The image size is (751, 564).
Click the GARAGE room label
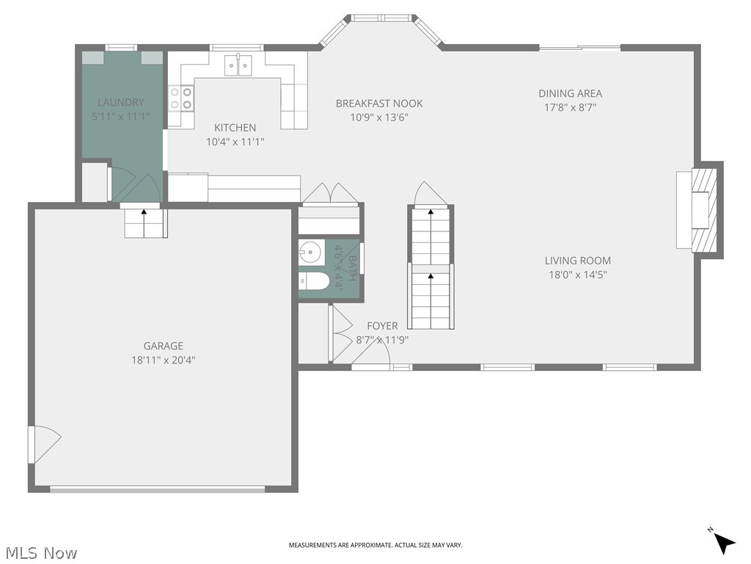[163, 346]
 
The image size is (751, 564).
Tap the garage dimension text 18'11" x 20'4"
[163, 360]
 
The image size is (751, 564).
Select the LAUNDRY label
[121, 102]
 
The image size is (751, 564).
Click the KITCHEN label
[235, 128]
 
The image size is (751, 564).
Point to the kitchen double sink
[239, 66]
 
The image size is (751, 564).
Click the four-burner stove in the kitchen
[181, 98]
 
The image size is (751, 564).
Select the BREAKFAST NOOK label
[379, 104]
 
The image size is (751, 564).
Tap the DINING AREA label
[570, 93]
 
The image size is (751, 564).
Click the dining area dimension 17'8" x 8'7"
[570, 107]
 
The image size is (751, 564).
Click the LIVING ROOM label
[577, 261]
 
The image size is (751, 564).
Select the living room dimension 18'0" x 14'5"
[577, 275]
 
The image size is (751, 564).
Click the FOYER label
[382, 326]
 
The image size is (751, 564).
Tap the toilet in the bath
[314, 281]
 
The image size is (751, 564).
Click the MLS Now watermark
[40, 552]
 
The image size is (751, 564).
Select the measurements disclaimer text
[375, 545]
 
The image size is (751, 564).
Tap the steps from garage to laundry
[144, 223]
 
